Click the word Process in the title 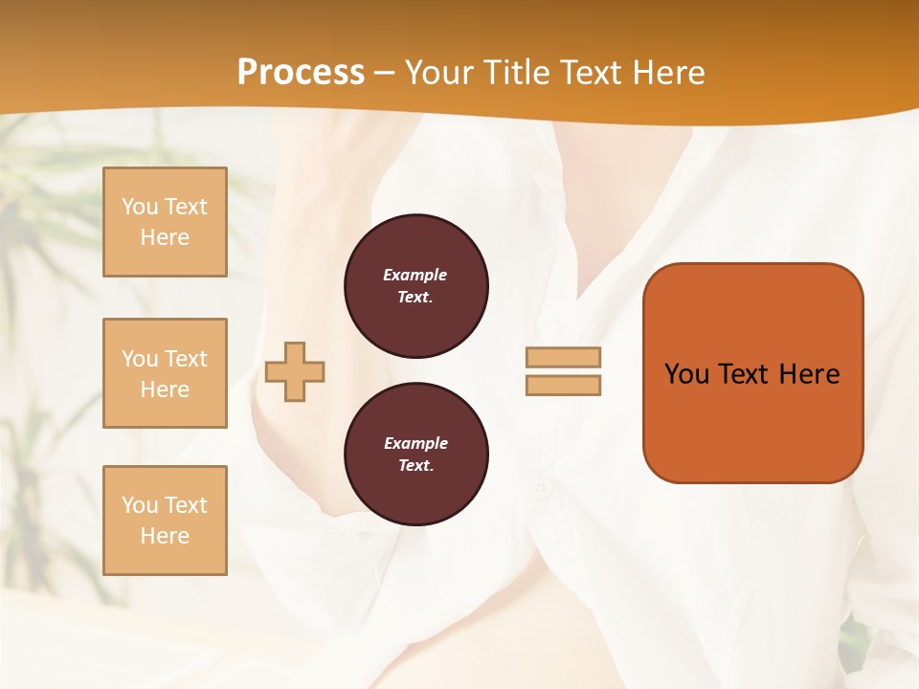coord(301,73)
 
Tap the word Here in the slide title coord(669,73)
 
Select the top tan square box coord(165,222)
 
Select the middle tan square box coord(165,373)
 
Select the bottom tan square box coord(165,521)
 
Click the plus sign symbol coord(295,371)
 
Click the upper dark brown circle coord(416,286)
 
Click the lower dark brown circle coord(416,455)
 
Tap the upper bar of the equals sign coord(564,358)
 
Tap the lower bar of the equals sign coord(564,386)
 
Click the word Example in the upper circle coord(415,275)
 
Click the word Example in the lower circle coord(415,443)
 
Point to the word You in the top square coord(140,207)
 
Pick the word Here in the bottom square coord(165,536)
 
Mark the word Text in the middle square coord(185,359)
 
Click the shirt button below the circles coord(542,489)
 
